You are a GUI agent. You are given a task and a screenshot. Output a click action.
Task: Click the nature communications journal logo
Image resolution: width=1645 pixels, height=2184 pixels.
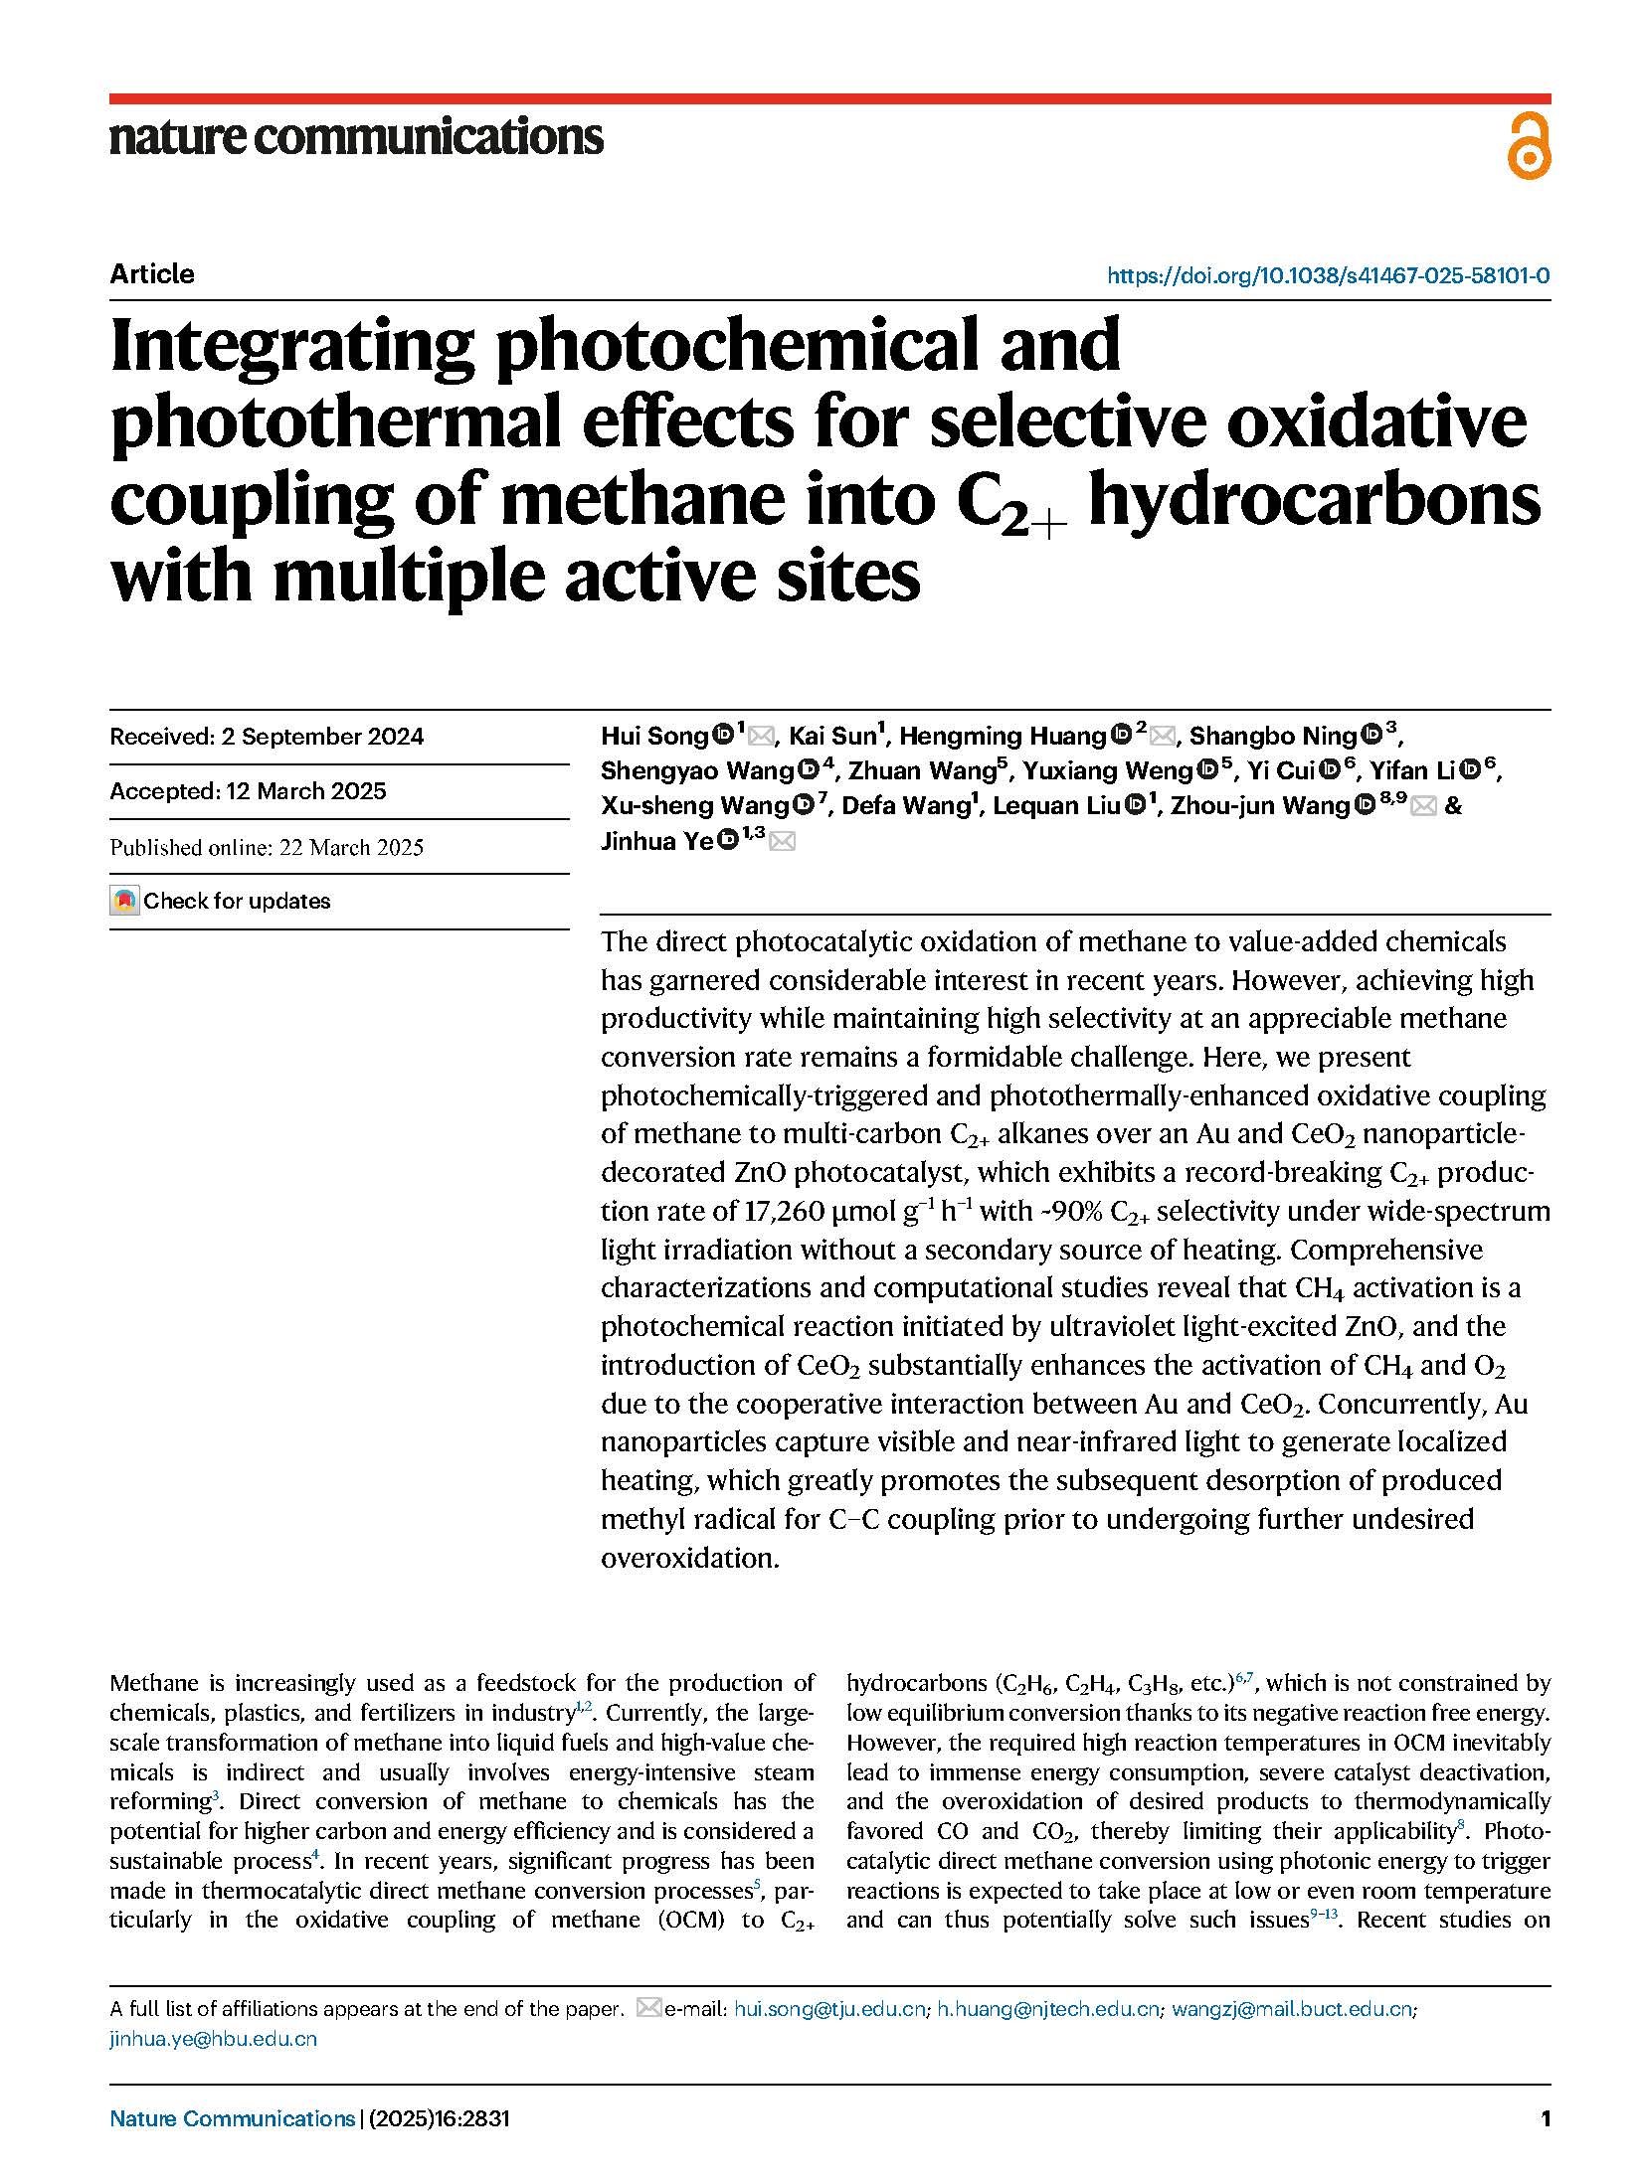[x=355, y=137]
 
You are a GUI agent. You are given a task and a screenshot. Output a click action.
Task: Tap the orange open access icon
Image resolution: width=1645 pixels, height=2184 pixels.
[x=1528, y=147]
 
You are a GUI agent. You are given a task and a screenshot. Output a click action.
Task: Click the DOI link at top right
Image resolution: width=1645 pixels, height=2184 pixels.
[x=1328, y=275]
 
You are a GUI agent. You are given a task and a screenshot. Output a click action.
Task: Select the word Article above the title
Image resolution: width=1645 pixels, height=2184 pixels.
[x=152, y=274]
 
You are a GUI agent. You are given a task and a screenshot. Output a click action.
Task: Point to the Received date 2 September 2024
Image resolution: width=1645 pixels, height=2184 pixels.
[x=267, y=737]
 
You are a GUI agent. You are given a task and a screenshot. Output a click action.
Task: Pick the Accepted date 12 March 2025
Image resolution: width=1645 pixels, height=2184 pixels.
[x=248, y=791]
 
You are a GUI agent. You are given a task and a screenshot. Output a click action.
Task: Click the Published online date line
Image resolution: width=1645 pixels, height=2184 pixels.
[x=267, y=847]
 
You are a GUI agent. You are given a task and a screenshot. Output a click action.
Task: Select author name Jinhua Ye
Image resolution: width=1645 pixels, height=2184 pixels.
[x=656, y=841]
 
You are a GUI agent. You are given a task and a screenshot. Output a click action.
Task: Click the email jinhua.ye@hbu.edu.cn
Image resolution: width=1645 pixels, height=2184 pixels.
[x=213, y=2039]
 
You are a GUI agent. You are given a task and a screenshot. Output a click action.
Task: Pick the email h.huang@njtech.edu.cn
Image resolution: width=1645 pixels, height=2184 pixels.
[x=1048, y=2009]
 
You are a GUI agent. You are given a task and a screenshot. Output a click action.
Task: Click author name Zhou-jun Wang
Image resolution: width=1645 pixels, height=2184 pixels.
[x=1259, y=806]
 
